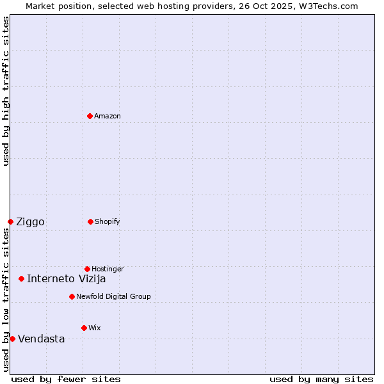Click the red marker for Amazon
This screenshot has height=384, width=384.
90,116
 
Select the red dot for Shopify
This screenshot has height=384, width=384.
90,221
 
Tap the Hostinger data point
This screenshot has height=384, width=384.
87,269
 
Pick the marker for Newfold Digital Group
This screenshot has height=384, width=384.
72,296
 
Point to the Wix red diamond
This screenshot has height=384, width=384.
84,328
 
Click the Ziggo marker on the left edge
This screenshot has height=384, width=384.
10,221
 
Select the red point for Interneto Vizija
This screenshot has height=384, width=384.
21,278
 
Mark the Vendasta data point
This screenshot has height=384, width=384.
12,339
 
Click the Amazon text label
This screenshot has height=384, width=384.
108,116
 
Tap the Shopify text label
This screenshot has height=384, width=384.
108,221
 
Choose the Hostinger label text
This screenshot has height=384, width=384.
108,269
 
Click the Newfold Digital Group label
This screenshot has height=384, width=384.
113,296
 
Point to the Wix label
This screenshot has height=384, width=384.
95,328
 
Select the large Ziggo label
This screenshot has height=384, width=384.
30,222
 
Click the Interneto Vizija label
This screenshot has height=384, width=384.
66,278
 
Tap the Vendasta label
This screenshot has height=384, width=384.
41,339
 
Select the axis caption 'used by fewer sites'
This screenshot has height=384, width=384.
66,379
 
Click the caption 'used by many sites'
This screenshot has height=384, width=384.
321,379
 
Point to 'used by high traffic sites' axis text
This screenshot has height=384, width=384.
6,91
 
